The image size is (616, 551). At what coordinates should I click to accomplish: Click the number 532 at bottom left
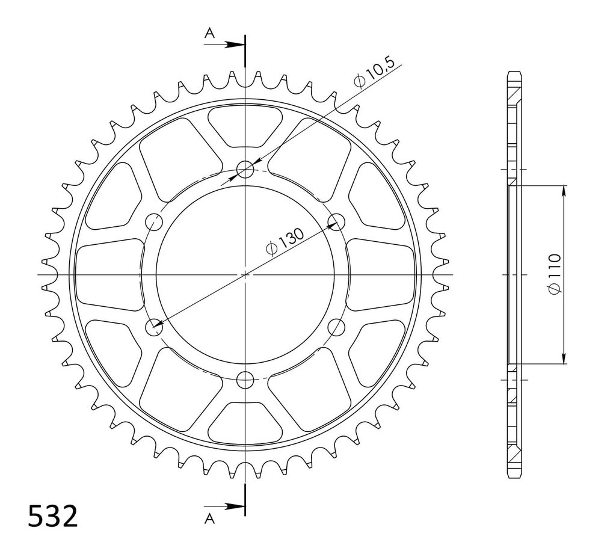[x=53, y=516]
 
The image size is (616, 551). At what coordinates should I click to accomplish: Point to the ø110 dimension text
[x=555, y=274]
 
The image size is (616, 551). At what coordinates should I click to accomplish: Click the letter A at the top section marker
[x=210, y=34]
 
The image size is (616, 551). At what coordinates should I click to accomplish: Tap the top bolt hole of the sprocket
[x=245, y=169]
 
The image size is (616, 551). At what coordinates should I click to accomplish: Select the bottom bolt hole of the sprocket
[x=245, y=380]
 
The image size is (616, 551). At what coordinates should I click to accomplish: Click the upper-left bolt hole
[x=155, y=222]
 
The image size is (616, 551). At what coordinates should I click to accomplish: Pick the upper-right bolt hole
[x=337, y=222]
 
